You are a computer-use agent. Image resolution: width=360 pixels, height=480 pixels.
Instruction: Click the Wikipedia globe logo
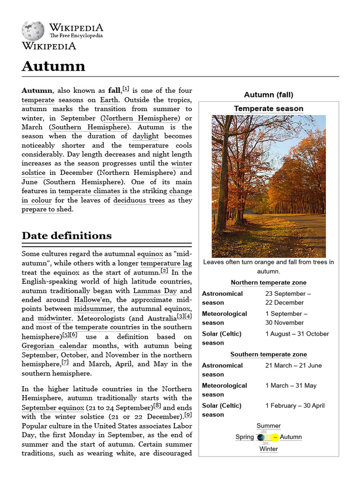[x=33, y=31]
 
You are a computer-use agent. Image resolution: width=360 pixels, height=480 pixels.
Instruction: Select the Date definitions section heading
[x=67, y=235]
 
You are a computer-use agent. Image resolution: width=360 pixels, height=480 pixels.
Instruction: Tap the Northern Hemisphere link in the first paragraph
[x=141, y=118]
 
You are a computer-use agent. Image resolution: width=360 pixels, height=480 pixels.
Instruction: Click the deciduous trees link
[x=139, y=200]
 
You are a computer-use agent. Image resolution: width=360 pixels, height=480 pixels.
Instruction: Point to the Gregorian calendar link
[x=54, y=346]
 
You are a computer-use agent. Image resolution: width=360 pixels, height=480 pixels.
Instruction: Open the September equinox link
[x=53, y=408]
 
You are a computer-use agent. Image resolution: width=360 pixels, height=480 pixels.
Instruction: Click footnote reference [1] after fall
[x=126, y=89]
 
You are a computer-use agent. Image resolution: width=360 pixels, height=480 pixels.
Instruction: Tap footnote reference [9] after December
[x=188, y=415]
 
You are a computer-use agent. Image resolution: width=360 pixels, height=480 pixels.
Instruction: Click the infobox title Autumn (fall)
[x=269, y=95]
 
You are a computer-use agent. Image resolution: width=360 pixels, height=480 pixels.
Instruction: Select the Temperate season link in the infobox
[x=269, y=109]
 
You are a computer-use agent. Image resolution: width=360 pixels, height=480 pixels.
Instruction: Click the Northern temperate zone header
[x=269, y=283]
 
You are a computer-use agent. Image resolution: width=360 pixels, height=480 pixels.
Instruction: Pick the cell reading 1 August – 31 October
[x=297, y=334]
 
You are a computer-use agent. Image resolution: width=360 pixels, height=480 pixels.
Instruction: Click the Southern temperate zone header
[x=269, y=354]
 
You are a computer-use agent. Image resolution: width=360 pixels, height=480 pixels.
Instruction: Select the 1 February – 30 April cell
[x=295, y=405]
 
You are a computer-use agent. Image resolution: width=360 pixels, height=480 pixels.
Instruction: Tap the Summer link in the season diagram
[x=269, y=426]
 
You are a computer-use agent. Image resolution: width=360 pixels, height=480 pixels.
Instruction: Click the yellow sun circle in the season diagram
[x=276, y=437]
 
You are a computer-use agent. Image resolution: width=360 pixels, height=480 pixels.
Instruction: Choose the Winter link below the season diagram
[x=269, y=449]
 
